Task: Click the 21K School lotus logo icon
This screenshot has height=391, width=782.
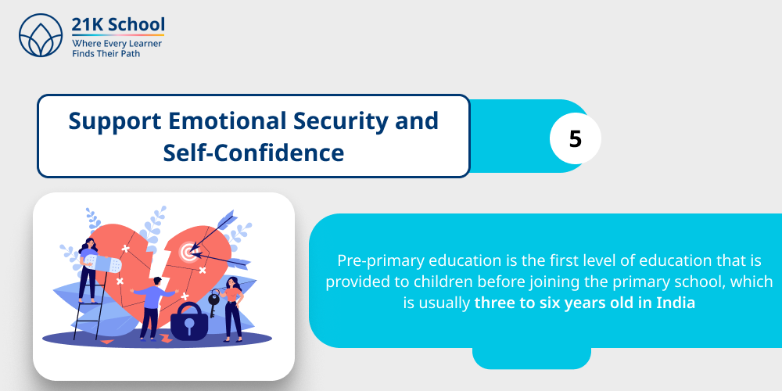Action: [40, 36]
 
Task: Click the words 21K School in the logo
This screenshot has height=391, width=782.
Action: [118, 25]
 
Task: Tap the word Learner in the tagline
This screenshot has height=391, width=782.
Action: [143, 44]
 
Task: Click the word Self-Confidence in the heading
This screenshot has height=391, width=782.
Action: [253, 152]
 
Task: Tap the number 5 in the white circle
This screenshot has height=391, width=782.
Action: [576, 139]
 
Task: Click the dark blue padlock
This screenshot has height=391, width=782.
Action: [189, 321]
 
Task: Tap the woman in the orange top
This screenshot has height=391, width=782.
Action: [232, 305]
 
